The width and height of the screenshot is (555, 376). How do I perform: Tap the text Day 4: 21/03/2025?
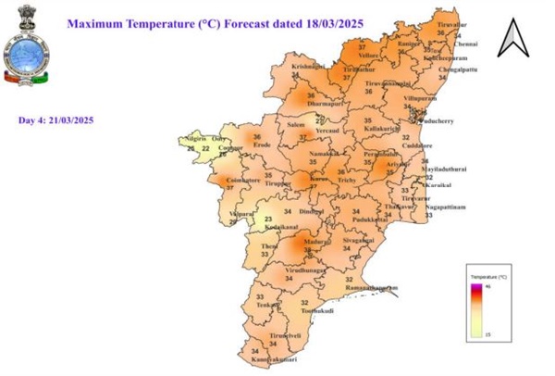tap(55, 120)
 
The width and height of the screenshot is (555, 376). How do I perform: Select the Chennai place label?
tap(465, 44)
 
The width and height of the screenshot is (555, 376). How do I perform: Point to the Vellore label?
tap(368, 56)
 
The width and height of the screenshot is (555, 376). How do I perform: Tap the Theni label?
tap(269, 245)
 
